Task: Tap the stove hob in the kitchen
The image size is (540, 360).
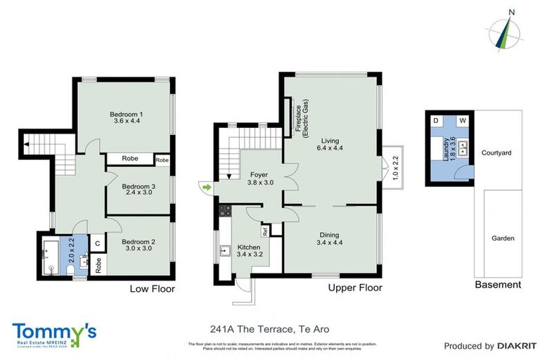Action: pos(226,210)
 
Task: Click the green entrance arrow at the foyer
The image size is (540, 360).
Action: pos(205,187)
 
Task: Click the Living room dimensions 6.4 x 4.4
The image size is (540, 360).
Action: pos(329,148)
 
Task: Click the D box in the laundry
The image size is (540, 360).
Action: pos(436,121)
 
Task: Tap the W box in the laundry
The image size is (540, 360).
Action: pos(463,121)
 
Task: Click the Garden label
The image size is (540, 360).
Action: pos(503,238)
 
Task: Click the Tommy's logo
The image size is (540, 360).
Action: pos(53,332)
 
